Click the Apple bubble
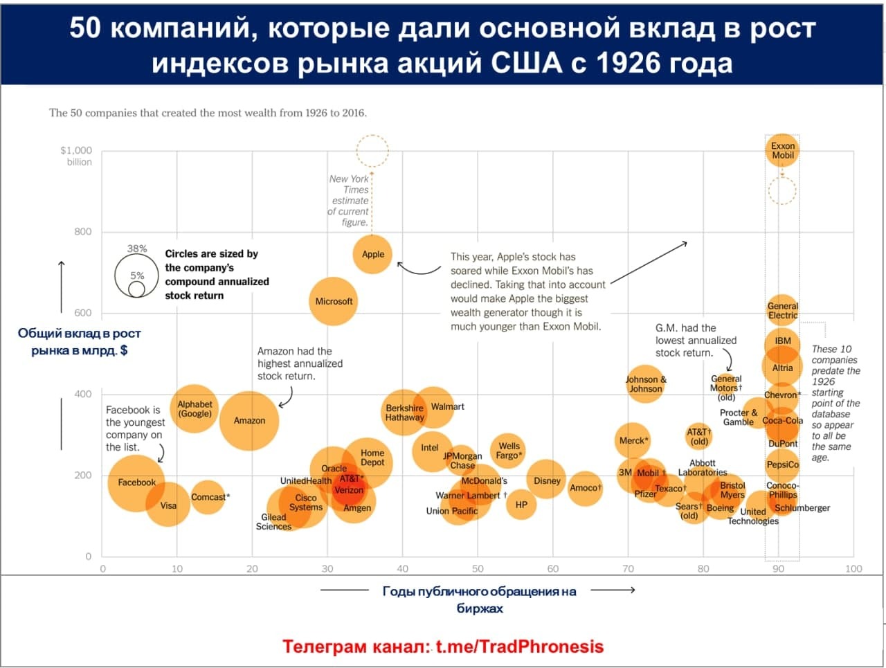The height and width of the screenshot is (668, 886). pyautogui.click(x=372, y=254)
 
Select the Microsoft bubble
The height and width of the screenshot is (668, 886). pyautogui.click(x=334, y=301)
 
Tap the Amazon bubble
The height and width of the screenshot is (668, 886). pyautogui.click(x=249, y=420)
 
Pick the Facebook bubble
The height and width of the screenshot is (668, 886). pyautogui.click(x=136, y=482)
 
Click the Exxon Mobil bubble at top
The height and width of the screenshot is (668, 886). pyautogui.click(x=782, y=150)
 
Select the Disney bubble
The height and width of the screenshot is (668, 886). pyautogui.click(x=547, y=480)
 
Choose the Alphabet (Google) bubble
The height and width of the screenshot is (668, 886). pyautogui.click(x=195, y=408)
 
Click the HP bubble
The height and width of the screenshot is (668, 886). pyautogui.click(x=521, y=505)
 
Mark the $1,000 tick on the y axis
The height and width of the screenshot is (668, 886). pyautogui.click(x=76, y=150)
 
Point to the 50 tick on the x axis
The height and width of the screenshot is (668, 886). pyautogui.click(x=478, y=568)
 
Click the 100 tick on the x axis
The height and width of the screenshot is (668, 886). pyautogui.click(x=853, y=568)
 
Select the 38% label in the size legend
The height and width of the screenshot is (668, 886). pyautogui.click(x=137, y=249)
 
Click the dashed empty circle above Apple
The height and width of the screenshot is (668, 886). pyautogui.click(x=372, y=151)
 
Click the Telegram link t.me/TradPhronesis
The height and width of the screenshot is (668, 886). pyautogui.click(x=519, y=647)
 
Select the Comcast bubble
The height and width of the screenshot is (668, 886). pyautogui.click(x=207, y=497)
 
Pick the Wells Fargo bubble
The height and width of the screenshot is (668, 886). pyautogui.click(x=509, y=451)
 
